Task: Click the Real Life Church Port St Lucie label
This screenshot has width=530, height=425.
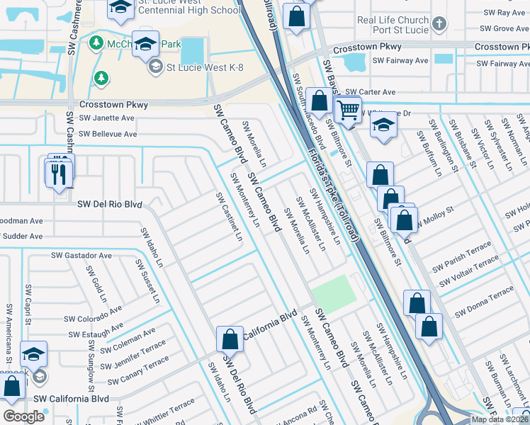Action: tap(393, 26)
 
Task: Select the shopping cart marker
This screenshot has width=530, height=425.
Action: tap(347, 110)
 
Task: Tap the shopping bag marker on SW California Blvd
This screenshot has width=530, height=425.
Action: tap(230, 339)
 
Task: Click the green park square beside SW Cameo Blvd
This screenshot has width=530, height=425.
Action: tap(333, 292)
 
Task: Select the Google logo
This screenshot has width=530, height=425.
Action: tap(23, 416)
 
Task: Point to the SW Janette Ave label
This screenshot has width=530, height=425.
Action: tap(107, 118)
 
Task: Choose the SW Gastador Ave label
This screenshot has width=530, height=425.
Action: tap(81, 255)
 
